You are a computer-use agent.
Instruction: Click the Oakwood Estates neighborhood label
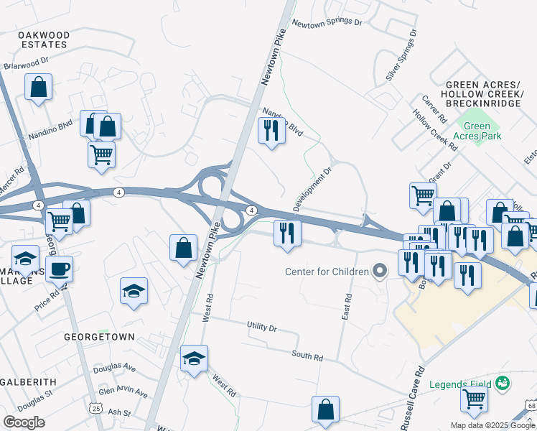[x=44, y=40]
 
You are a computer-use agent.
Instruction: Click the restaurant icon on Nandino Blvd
[x=271, y=131]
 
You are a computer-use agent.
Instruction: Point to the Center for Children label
[x=327, y=272]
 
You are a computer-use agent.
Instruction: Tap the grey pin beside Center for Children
[x=380, y=271]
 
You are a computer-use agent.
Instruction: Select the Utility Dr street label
[x=262, y=327]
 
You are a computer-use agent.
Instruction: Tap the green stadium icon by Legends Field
[x=504, y=382]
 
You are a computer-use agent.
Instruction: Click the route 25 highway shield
[x=95, y=408]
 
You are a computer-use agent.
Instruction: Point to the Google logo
[x=24, y=422]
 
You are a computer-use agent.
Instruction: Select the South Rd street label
[x=307, y=356]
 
